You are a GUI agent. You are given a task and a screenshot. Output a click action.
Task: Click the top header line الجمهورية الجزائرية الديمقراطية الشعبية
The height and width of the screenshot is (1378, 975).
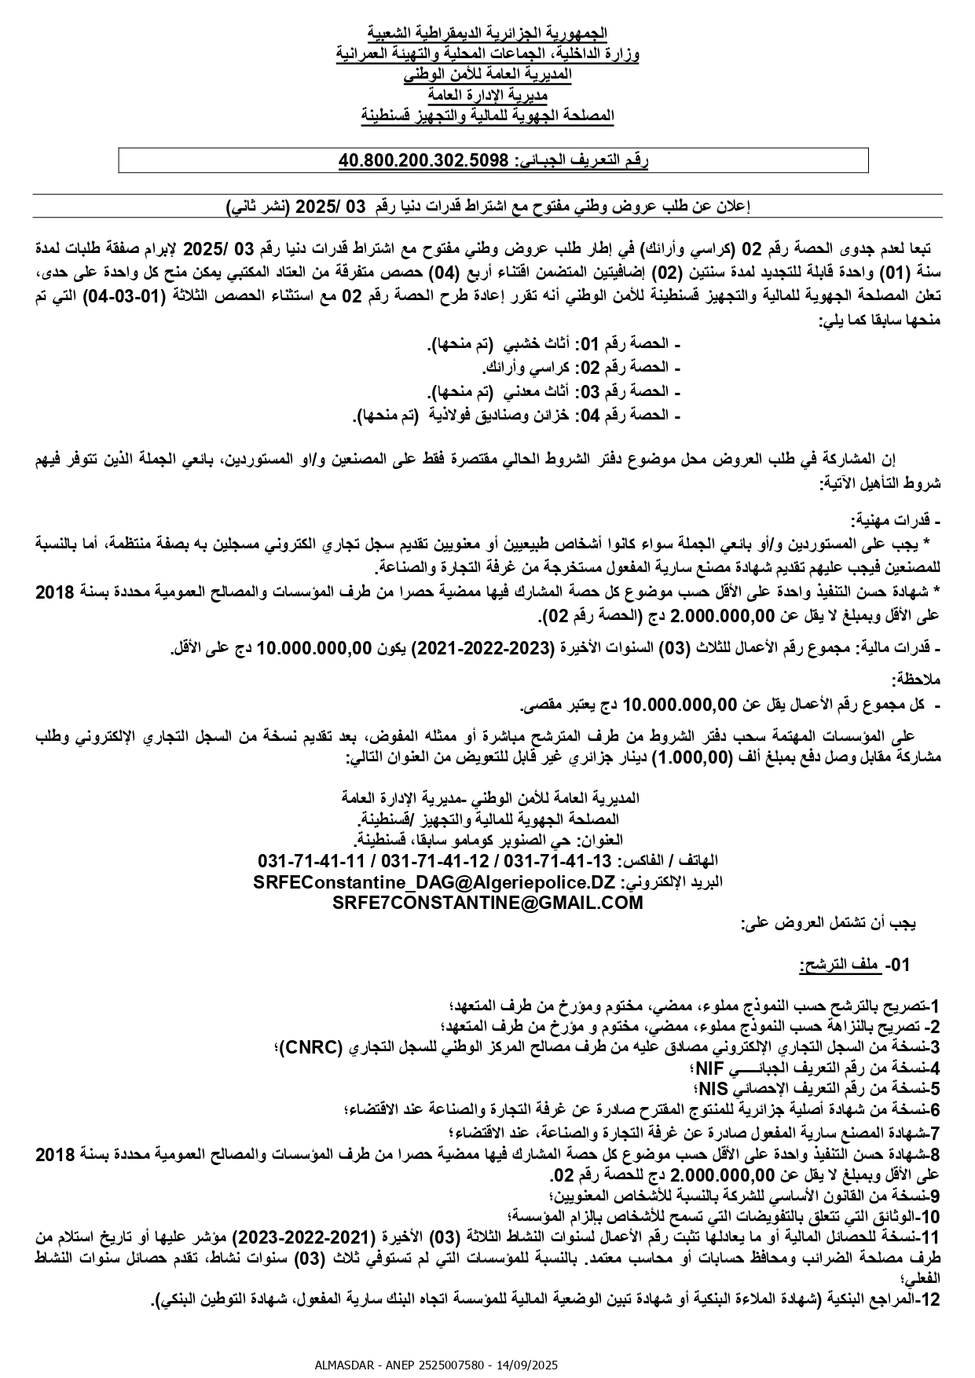[x=487, y=33]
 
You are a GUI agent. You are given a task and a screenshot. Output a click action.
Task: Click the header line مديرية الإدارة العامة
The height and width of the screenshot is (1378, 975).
[x=487, y=95]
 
